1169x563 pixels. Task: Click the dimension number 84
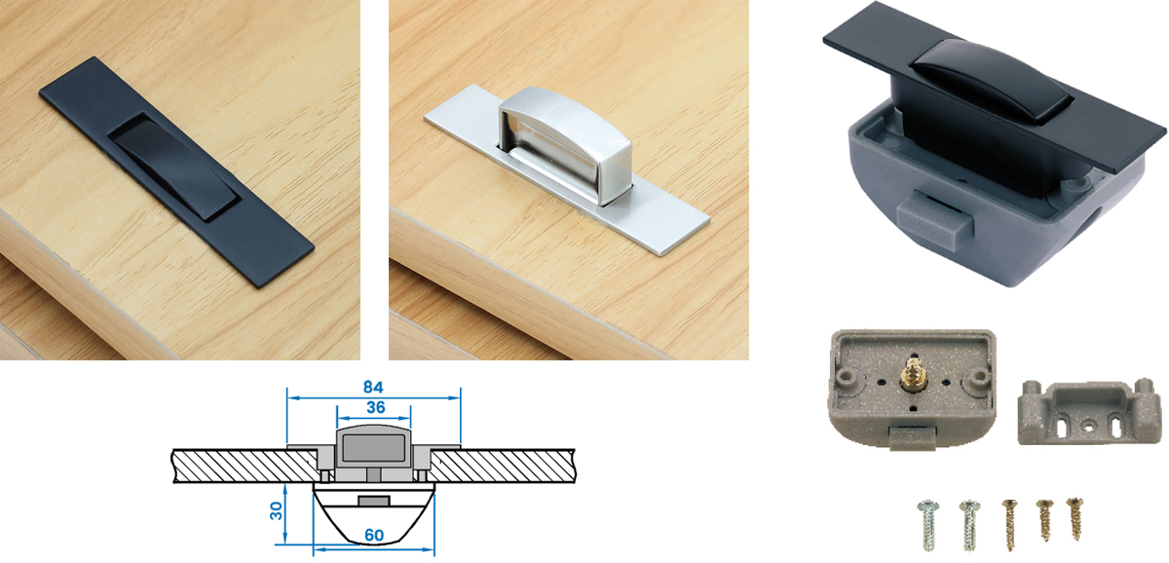[373, 387]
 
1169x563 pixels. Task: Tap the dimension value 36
[376, 407]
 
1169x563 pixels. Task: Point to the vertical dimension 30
[276, 510]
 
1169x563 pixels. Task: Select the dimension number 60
[374, 536]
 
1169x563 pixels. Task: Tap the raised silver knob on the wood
[565, 142]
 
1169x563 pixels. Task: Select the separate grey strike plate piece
[1090, 411]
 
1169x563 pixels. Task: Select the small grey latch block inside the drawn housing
[374, 501]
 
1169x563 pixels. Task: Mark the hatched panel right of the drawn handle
[502, 466]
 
